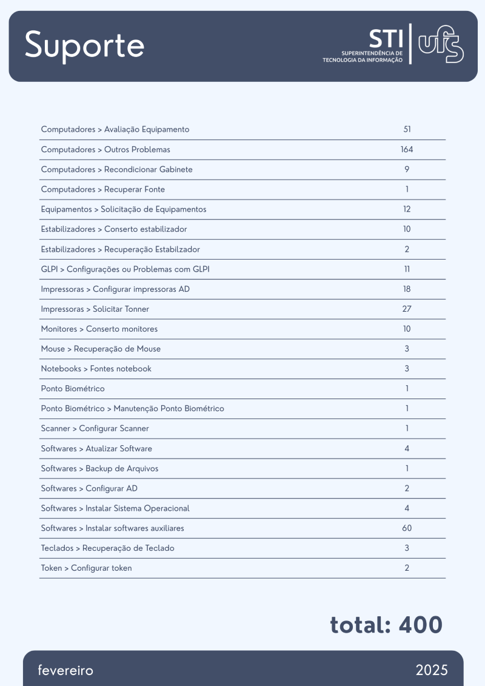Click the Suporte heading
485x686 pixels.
(x=84, y=45)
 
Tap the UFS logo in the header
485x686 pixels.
(x=441, y=44)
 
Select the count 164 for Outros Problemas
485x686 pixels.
(x=407, y=149)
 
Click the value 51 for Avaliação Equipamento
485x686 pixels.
(x=407, y=129)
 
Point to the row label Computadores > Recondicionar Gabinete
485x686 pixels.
(x=116, y=169)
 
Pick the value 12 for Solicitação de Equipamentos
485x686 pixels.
(x=407, y=209)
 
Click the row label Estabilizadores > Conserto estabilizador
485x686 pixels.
(x=113, y=229)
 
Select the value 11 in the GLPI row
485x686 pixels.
(x=407, y=269)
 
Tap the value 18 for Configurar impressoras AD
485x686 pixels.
(x=407, y=289)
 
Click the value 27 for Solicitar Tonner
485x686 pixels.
(x=407, y=309)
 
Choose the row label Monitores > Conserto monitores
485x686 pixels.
(x=99, y=329)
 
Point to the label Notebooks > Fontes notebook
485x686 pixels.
(x=96, y=369)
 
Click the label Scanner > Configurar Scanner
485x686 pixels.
(x=95, y=429)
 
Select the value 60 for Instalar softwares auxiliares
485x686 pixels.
(x=407, y=528)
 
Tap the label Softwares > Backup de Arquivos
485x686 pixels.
(x=99, y=469)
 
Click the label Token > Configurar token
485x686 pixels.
(x=86, y=568)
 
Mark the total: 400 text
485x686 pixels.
(x=386, y=625)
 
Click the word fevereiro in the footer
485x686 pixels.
(x=65, y=670)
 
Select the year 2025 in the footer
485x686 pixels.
(x=432, y=670)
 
